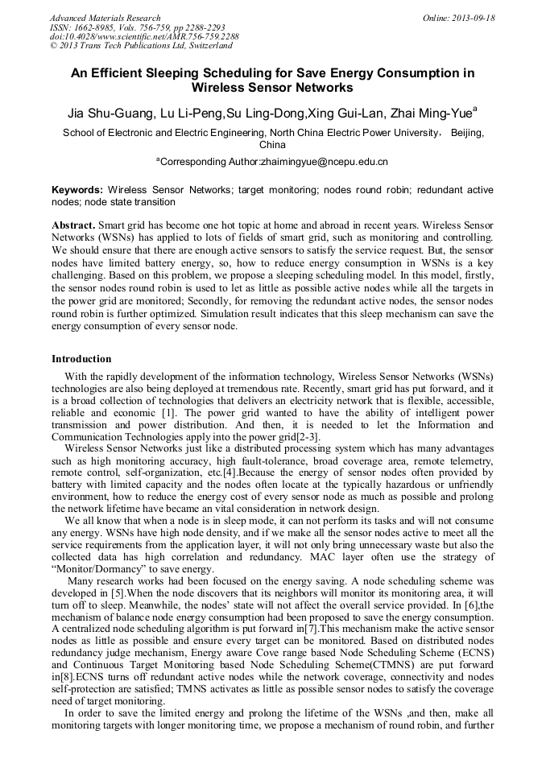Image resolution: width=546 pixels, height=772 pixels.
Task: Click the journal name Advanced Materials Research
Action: tap(105, 18)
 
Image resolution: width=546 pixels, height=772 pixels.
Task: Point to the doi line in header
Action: tap(144, 37)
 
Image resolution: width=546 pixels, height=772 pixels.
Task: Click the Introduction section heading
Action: tap(81, 359)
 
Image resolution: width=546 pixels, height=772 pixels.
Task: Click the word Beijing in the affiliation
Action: tap(468, 134)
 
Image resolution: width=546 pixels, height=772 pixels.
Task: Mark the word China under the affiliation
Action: tap(272, 146)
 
